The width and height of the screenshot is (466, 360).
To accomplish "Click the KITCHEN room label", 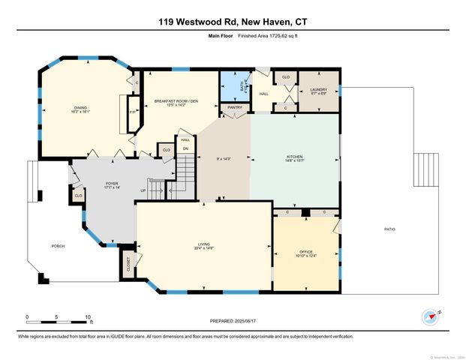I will click(294, 157).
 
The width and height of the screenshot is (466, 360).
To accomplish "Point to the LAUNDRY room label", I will click(318, 90).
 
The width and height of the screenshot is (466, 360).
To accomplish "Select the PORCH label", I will click(57, 246).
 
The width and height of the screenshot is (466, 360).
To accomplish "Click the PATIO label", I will click(389, 229).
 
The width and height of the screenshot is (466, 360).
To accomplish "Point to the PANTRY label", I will click(234, 107).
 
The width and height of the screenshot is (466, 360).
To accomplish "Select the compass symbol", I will click(429, 317).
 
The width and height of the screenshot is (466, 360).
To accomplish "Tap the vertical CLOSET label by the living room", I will click(128, 262).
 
